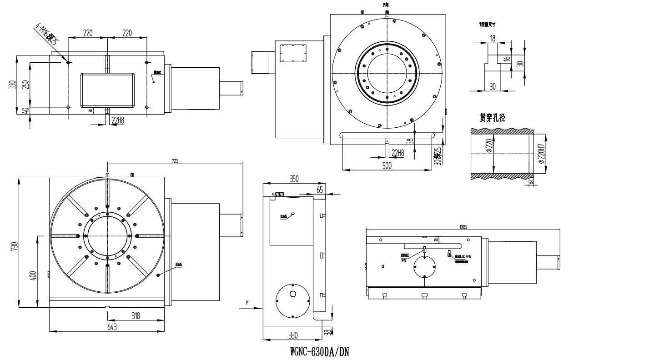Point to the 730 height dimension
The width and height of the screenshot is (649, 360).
(x=14, y=246)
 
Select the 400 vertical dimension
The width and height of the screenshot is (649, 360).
(x=33, y=275)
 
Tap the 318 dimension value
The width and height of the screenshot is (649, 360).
(x=136, y=316)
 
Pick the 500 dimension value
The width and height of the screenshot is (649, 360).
(x=387, y=166)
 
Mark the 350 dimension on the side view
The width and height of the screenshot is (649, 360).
(x=294, y=179)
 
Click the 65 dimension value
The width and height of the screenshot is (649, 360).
(x=320, y=190)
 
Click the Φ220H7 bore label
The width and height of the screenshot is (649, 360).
(x=540, y=155)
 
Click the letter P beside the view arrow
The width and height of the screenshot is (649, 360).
(x=247, y=302)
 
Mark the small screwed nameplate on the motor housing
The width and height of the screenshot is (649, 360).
(x=293, y=53)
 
